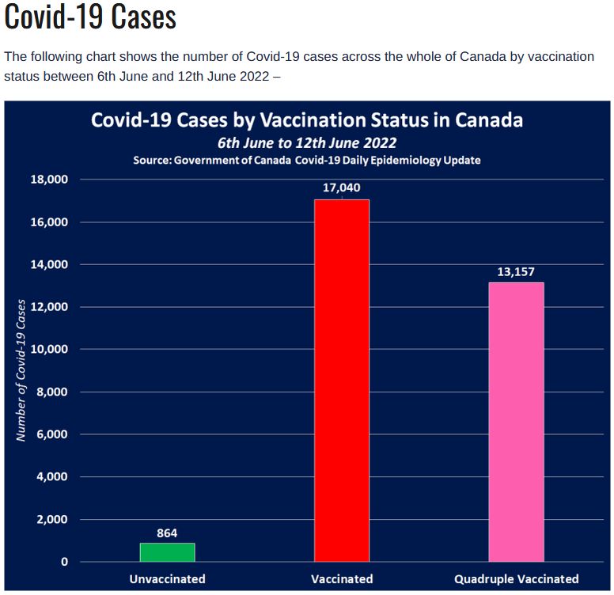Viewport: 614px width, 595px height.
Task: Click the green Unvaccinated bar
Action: [x=167, y=552]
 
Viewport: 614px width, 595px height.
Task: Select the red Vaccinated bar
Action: [x=342, y=381]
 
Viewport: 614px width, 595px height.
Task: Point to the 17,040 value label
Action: [x=342, y=188]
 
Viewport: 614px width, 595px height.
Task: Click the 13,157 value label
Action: [x=516, y=271]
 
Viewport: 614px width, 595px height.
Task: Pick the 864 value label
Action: [x=167, y=532]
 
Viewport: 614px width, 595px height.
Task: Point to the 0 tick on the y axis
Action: [x=65, y=562]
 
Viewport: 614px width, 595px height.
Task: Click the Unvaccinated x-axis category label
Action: [x=167, y=578]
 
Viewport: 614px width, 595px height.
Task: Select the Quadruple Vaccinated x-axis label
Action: [x=516, y=578]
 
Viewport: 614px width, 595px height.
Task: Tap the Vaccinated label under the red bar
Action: [x=342, y=578]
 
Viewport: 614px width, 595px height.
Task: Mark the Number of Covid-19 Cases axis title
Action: [x=21, y=370]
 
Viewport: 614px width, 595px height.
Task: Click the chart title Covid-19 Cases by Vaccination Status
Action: [x=307, y=120]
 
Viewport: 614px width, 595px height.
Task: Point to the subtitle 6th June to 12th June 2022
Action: [x=307, y=143]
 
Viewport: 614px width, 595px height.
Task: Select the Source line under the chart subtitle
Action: [x=307, y=160]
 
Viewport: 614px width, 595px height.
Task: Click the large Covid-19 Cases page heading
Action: [x=90, y=17]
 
